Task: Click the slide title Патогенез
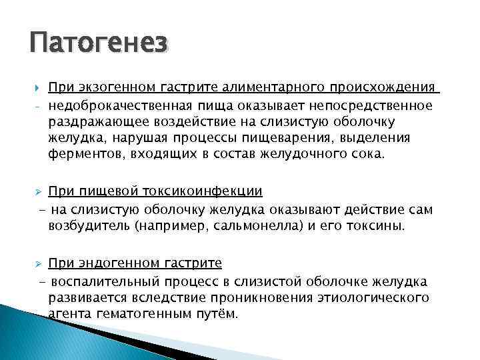(98, 45)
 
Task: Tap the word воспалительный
(109, 281)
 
